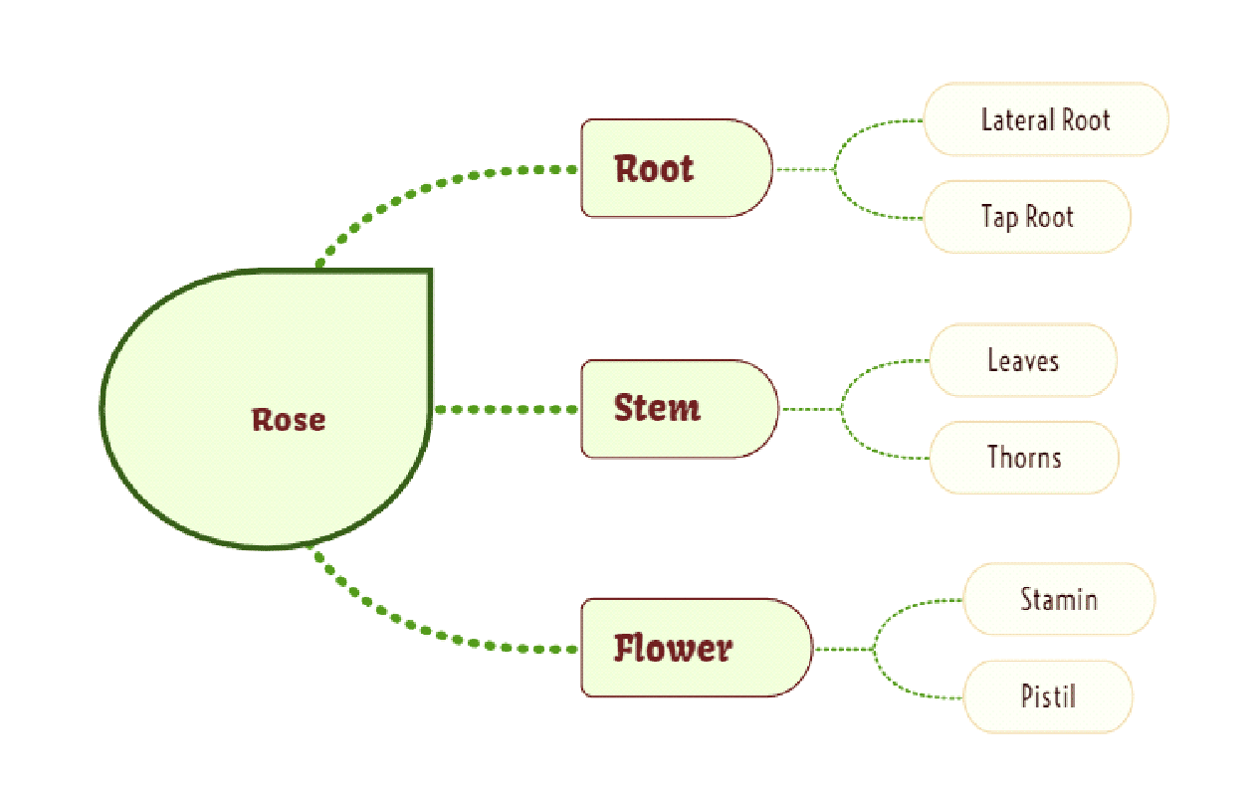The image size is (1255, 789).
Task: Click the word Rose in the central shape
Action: [x=289, y=419]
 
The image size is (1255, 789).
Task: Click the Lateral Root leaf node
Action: [x=1045, y=119]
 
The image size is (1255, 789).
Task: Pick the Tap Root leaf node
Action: [x=1027, y=217]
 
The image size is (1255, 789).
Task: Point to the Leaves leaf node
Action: [x=1022, y=360]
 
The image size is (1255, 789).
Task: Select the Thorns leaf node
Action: [x=1023, y=458]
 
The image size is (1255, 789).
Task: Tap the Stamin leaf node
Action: [x=1058, y=599]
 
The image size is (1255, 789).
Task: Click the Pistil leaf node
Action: [x=1047, y=695]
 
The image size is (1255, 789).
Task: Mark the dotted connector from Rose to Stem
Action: [x=506, y=409]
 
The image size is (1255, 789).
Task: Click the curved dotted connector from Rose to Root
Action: [x=418, y=192]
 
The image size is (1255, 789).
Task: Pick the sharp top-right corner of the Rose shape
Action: [x=429, y=271]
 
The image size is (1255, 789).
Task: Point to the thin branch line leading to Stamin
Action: [x=902, y=609]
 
